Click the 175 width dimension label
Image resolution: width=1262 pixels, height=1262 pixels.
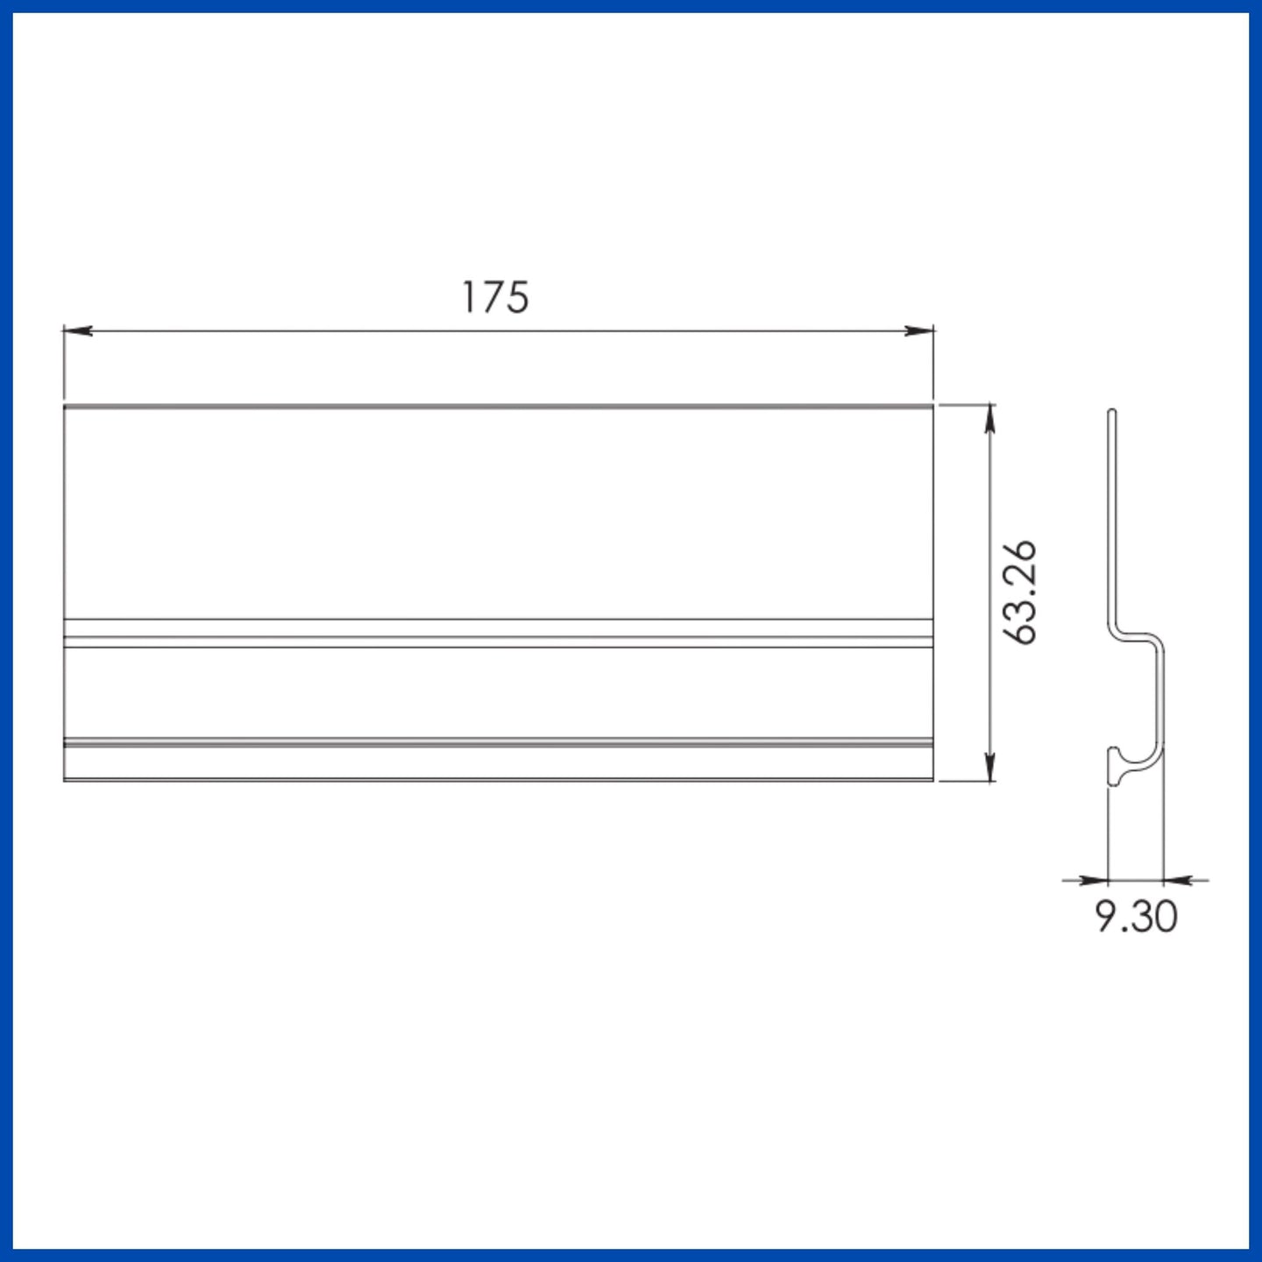coord(495,297)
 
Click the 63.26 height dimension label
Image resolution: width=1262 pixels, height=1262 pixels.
coord(1020,592)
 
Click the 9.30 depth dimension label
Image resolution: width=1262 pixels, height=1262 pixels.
coord(1137,916)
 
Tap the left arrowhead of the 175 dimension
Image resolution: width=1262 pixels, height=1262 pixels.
coord(78,330)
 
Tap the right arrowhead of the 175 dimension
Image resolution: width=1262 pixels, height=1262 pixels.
coord(918,330)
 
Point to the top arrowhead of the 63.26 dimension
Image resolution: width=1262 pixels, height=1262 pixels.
coord(990,419)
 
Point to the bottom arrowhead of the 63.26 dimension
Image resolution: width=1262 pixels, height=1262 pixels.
coord(990,767)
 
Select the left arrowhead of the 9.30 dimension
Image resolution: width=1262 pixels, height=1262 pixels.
coord(1093,881)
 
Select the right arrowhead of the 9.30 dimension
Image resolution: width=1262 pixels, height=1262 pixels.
coord(1178,881)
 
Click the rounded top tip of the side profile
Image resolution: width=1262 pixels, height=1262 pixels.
coord(1112,411)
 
